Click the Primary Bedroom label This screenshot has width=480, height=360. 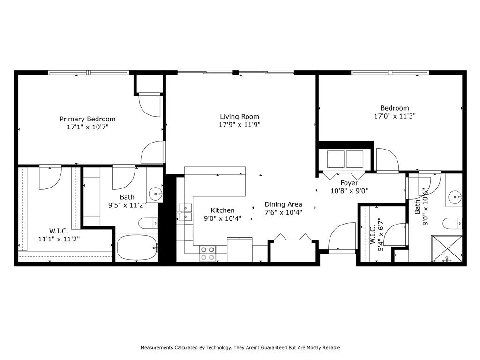click(x=87, y=119)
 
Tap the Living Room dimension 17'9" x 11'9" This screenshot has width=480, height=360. click(x=240, y=125)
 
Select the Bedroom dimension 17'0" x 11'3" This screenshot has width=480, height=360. click(x=395, y=116)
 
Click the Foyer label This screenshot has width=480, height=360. click(x=349, y=183)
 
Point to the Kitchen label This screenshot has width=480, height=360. click(x=222, y=210)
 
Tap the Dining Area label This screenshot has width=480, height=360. click(x=283, y=204)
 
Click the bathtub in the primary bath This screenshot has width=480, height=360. click(x=136, y=247)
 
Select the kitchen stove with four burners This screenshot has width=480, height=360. click(x=208, y=254)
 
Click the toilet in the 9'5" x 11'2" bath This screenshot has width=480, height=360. click(x=148, y=223)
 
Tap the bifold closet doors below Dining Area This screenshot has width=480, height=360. click(x=293, y=238)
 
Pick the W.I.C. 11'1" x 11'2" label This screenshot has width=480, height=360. click(x=59, y=235)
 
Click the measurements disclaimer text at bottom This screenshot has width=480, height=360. click(x=240, y=348)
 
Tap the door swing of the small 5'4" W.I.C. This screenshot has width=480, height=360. click(x=393, y=233)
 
